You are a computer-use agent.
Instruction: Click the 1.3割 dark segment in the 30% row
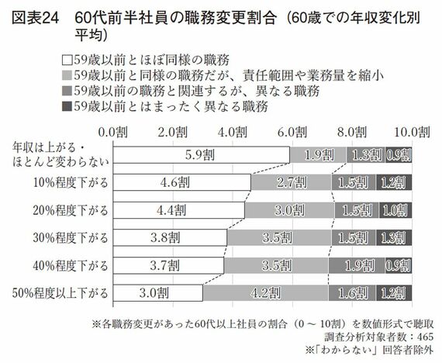coord(394,237)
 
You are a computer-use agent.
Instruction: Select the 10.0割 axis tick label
coord(406,132)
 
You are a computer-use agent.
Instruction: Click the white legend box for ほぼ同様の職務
coord(67,58)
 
